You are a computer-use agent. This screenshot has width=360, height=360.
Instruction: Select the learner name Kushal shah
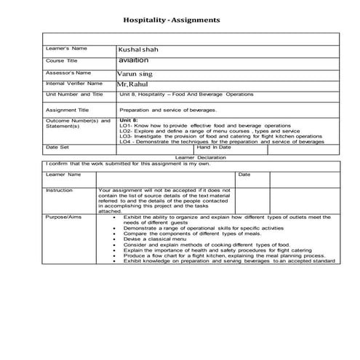click(142, 49)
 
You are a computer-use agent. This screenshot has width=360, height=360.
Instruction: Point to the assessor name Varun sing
click(137, 73)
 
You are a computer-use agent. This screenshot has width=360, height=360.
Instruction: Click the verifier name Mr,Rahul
click(133, 84)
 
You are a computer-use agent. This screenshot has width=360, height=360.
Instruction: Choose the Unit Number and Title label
click(74, 95)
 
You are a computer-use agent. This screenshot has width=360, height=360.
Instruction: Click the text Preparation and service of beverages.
click(168, 109)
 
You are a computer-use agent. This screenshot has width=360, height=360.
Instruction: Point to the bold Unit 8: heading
click(129, 119)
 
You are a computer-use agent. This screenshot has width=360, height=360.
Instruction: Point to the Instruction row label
click(59, 190)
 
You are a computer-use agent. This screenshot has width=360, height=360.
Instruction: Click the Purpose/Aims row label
click(62, 217)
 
